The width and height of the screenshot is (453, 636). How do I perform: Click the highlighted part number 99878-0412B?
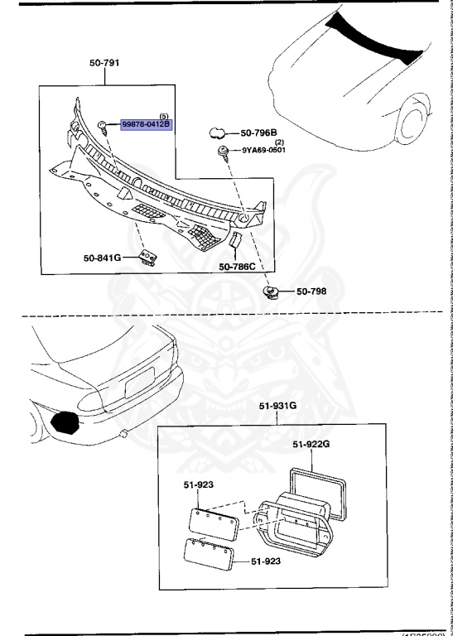pyautogui.click(x=146, y=124)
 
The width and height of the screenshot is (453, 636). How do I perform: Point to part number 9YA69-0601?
pyautogui.click(x=267, y=151)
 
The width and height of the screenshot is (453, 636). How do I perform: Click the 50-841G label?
pyautogui.click(x=102, y=258)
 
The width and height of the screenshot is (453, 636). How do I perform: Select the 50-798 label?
pyautogui.click(x=313, y=292)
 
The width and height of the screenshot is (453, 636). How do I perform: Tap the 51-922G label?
pyautogui.click(x=313, y=445)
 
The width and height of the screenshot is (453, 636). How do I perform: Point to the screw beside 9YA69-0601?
pyautogui.click(x=224, y=152)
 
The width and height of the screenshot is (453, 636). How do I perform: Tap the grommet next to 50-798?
pyautogui.click(x=271, y=291)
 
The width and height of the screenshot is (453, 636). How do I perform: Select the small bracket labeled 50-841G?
pyautogui.click(x=147, y=258)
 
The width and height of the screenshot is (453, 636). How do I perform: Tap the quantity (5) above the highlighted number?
pyautogui.click(x=163, y=115)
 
